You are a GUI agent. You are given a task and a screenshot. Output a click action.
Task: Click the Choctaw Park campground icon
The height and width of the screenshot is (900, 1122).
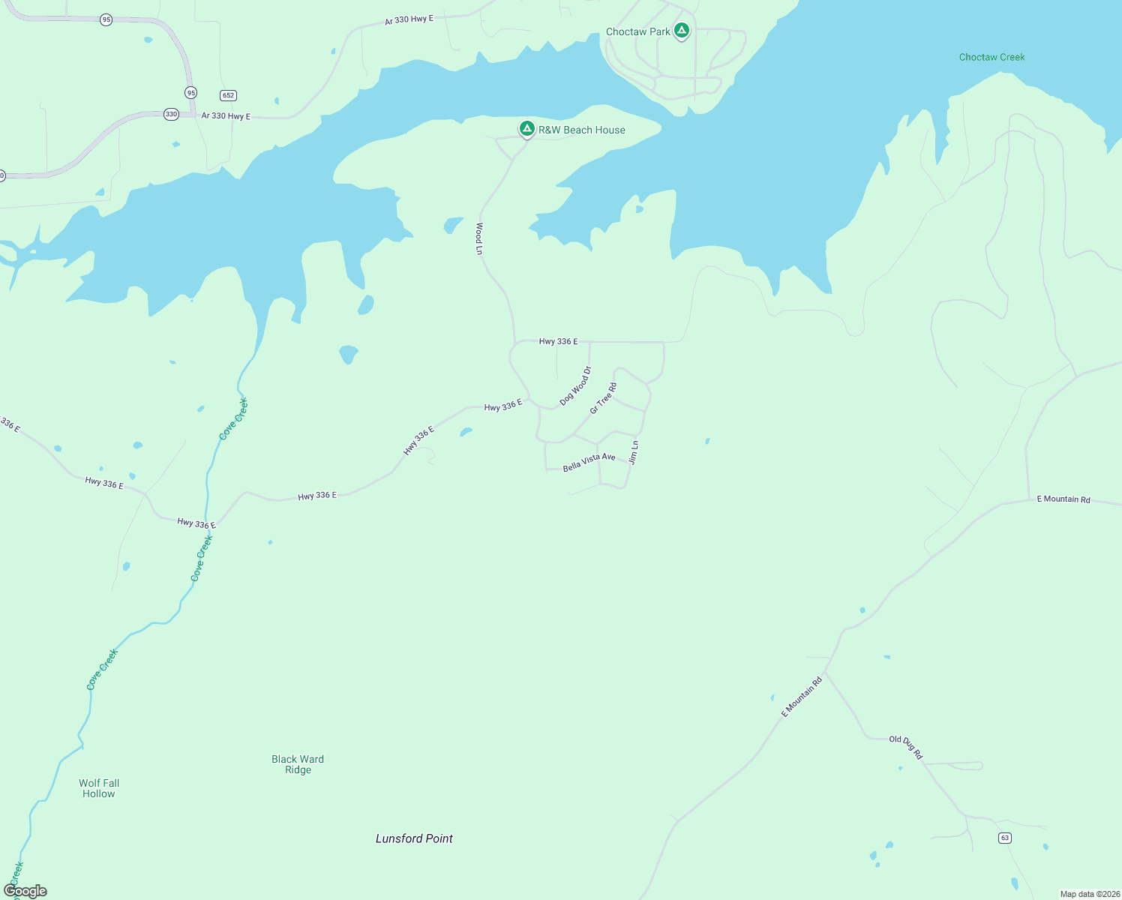click(681, 31)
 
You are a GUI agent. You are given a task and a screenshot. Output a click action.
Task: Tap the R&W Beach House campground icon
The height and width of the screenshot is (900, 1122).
click(527, 129)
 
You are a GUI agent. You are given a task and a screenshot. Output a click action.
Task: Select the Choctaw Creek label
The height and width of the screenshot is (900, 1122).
click(991, 57)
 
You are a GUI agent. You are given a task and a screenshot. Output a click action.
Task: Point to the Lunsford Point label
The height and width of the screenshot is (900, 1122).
click(414, 838)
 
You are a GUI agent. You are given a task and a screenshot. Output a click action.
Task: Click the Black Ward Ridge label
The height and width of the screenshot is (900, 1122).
click(298, 764)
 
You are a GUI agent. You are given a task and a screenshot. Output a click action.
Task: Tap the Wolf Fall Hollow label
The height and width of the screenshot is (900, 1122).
click(99, 788)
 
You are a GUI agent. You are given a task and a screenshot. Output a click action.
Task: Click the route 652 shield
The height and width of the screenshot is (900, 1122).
click(229, 95)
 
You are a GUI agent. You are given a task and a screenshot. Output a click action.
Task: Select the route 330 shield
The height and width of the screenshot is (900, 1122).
click(172, 115)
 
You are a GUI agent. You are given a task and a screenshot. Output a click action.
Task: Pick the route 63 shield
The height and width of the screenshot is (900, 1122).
click(1005, 838)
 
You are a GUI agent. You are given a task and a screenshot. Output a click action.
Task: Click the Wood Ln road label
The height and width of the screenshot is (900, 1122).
click(479, 238)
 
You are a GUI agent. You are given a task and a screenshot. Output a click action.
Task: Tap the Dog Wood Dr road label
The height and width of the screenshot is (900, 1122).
click(575, 386)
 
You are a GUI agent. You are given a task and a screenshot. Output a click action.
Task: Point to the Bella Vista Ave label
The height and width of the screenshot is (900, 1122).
click(589, 462)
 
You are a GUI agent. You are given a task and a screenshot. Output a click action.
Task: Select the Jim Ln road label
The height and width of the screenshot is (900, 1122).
click(634, 452)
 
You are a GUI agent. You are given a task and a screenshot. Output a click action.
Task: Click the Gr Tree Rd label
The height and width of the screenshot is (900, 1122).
click(603, 398)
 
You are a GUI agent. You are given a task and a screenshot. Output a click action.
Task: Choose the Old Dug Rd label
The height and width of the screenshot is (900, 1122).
click(906, 747)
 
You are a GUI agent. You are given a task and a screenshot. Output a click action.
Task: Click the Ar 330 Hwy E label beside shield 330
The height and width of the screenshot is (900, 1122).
click(226, 116)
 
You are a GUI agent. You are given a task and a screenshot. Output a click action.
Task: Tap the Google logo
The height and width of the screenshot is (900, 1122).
click(25, 891)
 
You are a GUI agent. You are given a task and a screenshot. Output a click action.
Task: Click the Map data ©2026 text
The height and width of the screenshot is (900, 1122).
click(1090, 894)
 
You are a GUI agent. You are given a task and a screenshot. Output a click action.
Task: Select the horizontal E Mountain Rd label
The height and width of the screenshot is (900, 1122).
click(1063, 499)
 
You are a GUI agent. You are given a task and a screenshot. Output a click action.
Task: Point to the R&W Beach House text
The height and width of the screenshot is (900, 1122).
click(581, 130)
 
